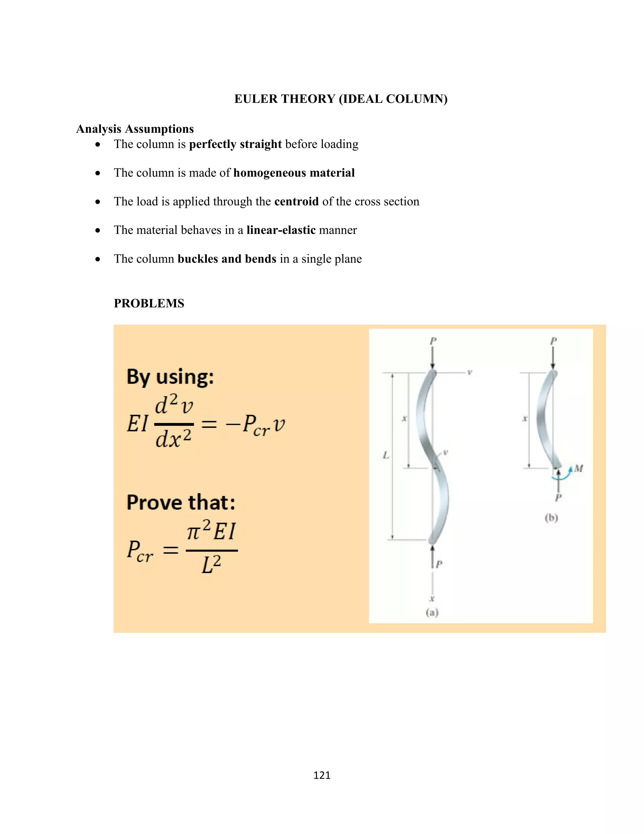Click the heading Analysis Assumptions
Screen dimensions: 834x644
(135, 129)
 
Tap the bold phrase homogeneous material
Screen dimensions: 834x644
(294, 173)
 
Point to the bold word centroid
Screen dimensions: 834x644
(297, 202)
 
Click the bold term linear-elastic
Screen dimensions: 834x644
(281, 230)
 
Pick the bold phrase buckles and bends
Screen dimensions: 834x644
(227, 259)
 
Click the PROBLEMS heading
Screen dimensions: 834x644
(149, 304)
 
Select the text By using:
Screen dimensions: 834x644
(170, 377)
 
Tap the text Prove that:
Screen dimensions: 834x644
(181, 503)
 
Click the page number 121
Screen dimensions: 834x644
(322, 775)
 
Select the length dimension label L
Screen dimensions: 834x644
(386, 455)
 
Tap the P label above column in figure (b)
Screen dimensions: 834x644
(553, 341)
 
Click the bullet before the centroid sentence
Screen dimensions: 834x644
(98, 202)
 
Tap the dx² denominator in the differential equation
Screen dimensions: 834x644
(173, 439)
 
